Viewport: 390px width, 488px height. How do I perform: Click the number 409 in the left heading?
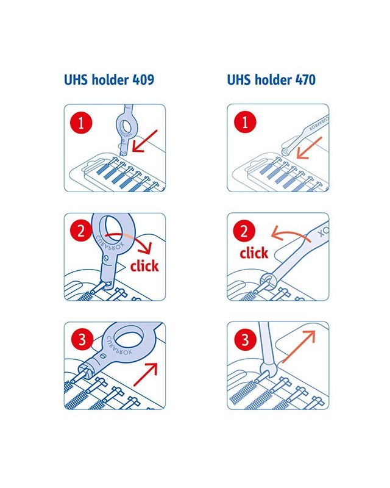pos(143,80)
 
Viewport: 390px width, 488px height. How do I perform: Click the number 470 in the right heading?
pos(305,80)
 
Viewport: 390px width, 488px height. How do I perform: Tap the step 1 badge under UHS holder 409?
pos(81,123)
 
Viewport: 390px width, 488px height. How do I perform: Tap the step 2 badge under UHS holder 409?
pos(81,231)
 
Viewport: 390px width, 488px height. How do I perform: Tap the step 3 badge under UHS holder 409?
pos(82,340)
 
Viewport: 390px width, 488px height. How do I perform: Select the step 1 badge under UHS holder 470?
pos(245,122)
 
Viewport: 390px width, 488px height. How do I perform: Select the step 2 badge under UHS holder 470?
pos(244,231)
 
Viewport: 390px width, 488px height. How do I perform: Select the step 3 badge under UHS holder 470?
pos(246,339)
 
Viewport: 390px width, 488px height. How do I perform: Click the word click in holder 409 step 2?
pos(144,265)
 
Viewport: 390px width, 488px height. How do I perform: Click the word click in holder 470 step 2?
pos(253,253)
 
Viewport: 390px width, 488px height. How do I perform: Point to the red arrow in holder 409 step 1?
pos(144,141)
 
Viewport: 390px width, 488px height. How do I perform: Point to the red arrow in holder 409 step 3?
pos(146,375)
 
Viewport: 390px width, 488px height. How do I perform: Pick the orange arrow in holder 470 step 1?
pos(309,148)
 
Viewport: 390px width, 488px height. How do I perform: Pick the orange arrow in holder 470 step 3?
pos(299,346)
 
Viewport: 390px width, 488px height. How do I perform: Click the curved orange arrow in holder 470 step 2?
pos(291,234)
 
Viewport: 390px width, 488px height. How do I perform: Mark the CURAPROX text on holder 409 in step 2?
pos(110,243)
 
